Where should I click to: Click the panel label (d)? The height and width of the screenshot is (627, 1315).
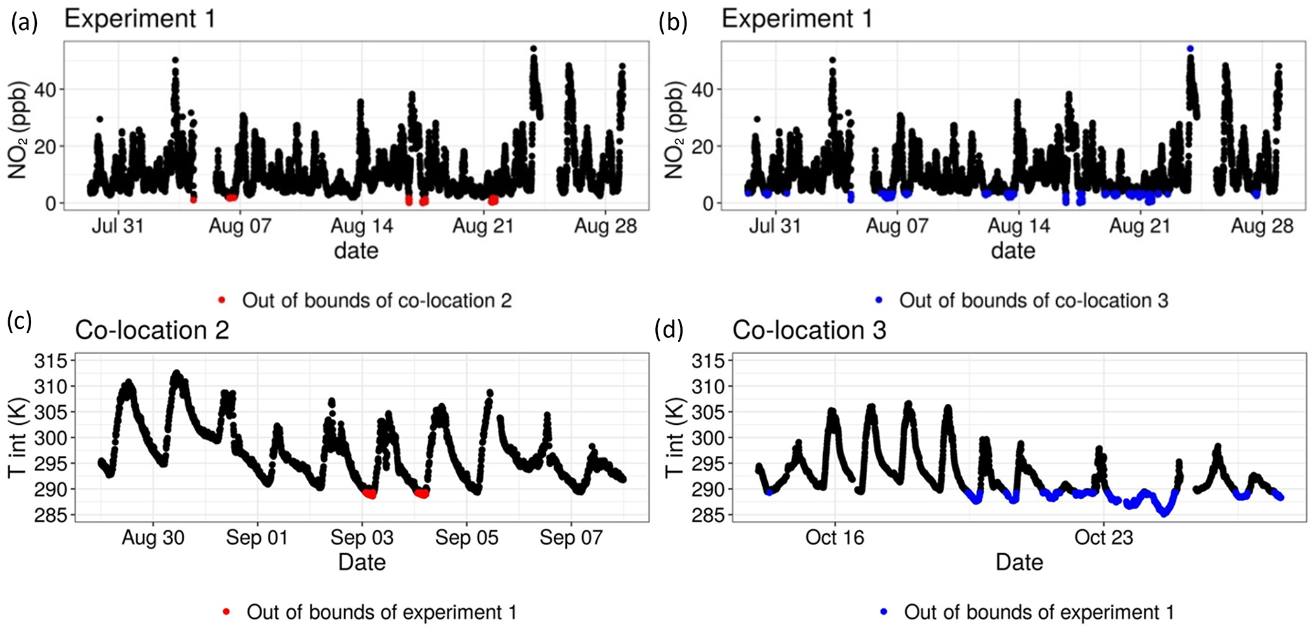coord(669,329)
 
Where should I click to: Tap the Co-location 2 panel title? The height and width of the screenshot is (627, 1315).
coord(151,331)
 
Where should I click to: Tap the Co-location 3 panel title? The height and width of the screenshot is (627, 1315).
coord(809,331)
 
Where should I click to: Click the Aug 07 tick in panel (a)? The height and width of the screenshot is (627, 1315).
coord(240,226)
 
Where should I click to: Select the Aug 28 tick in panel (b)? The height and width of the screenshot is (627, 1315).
coord(1262,226)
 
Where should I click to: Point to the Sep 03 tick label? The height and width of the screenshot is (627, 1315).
coord(362,538)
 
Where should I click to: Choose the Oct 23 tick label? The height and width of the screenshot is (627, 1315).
coord(1104,538)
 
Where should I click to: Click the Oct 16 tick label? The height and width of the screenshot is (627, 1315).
coord(835,538)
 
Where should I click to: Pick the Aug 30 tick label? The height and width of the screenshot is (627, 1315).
coord(153,538)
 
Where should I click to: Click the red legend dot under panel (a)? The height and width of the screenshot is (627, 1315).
coord(221,300)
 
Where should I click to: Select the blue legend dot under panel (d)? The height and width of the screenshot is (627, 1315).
coord(884,612)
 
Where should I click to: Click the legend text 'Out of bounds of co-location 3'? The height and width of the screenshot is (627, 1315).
coord(1033,300)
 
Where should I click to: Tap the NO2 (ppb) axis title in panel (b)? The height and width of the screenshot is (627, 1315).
coord(674,130)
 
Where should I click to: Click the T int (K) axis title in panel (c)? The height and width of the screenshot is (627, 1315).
coord(17,439)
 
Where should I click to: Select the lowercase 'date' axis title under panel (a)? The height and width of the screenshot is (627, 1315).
coord(356,251)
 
